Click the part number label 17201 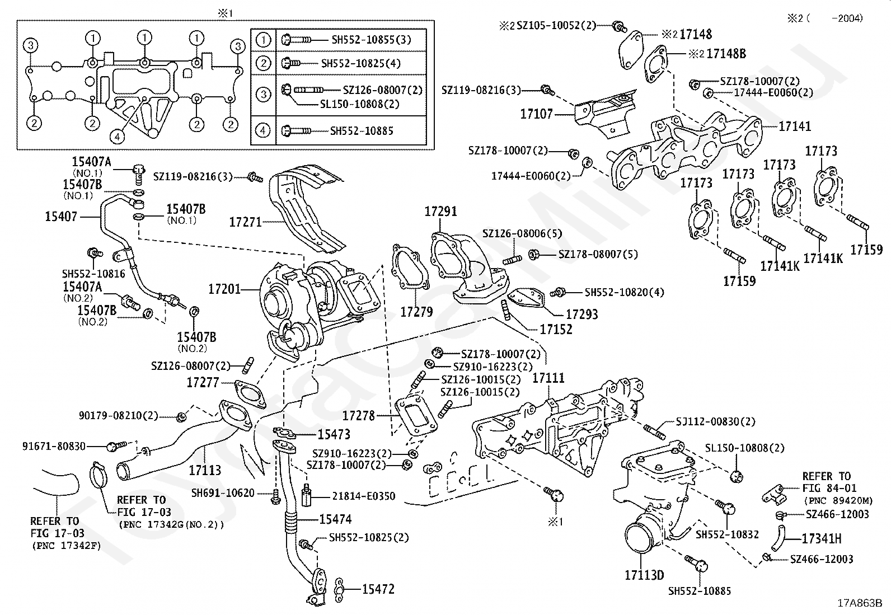click(224, 289)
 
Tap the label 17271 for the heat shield click(245, 222)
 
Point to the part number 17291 click(440, 212)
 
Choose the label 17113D click(644, 575)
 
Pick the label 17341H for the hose click(822, 539)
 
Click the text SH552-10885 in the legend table click(362, 131)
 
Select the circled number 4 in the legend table click(263, 131)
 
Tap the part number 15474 click(335, 519)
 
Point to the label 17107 click(536, 114)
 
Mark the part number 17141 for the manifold click(795, 126)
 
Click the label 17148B click(726, 54)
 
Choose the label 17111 click(548, 378)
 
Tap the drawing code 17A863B click(859, 603)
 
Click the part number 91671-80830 click(54, 446)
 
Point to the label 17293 click(582, 314)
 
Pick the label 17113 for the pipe click(205, 470)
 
